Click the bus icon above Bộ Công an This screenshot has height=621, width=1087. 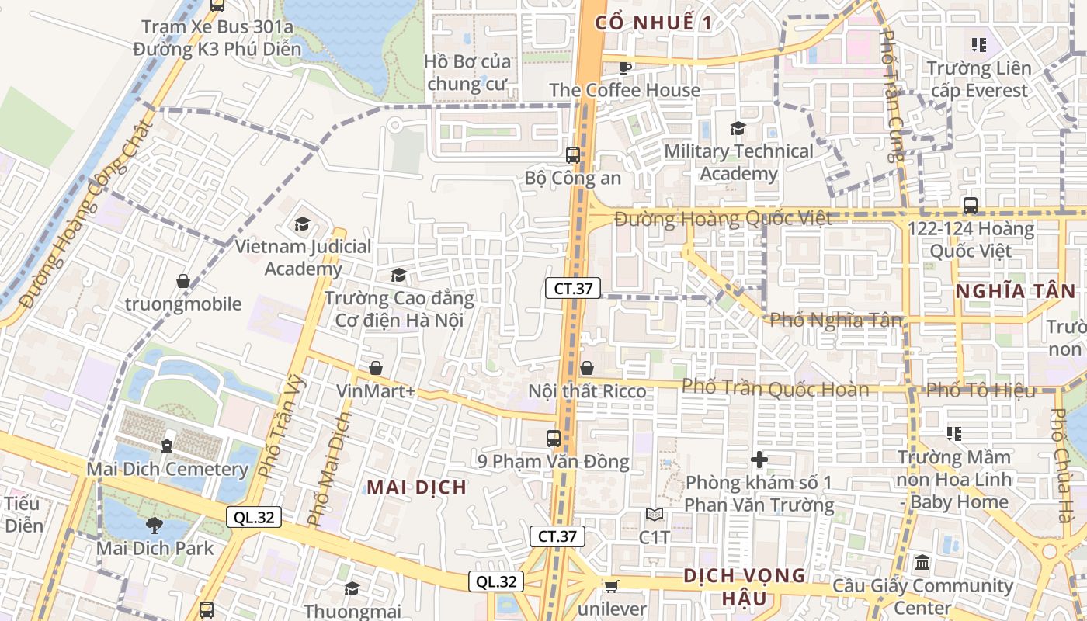tap(573, 154)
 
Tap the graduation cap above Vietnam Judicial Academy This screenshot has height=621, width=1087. tap(302, 224)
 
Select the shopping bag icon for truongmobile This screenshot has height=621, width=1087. tap(183, 280)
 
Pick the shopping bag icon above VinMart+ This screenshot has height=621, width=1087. tap(376, 367)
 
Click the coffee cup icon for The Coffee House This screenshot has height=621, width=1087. tap(624, 67)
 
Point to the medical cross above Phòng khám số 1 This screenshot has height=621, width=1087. tap(759, 460)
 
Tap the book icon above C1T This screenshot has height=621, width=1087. tap(654, 514)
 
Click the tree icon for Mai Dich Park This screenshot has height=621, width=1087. tap(155, 525)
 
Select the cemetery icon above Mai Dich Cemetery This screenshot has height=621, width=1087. tap(167, 446)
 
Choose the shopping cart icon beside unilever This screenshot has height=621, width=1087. tap(611, 586)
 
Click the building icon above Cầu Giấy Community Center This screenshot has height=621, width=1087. tap(922, 562)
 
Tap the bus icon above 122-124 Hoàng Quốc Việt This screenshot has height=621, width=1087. tap(970, 206)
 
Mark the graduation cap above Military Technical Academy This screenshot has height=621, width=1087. tap(737, 128)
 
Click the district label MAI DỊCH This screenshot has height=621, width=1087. tap(417, 487)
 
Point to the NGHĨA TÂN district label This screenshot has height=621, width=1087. tap(1015, 291)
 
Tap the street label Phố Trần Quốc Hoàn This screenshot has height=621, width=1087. tap(775, 388)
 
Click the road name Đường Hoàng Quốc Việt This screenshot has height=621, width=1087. tap(723, 219)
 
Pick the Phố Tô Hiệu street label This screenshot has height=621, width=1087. tap(981, 390)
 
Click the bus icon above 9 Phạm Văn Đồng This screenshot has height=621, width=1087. tap(553, 438)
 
